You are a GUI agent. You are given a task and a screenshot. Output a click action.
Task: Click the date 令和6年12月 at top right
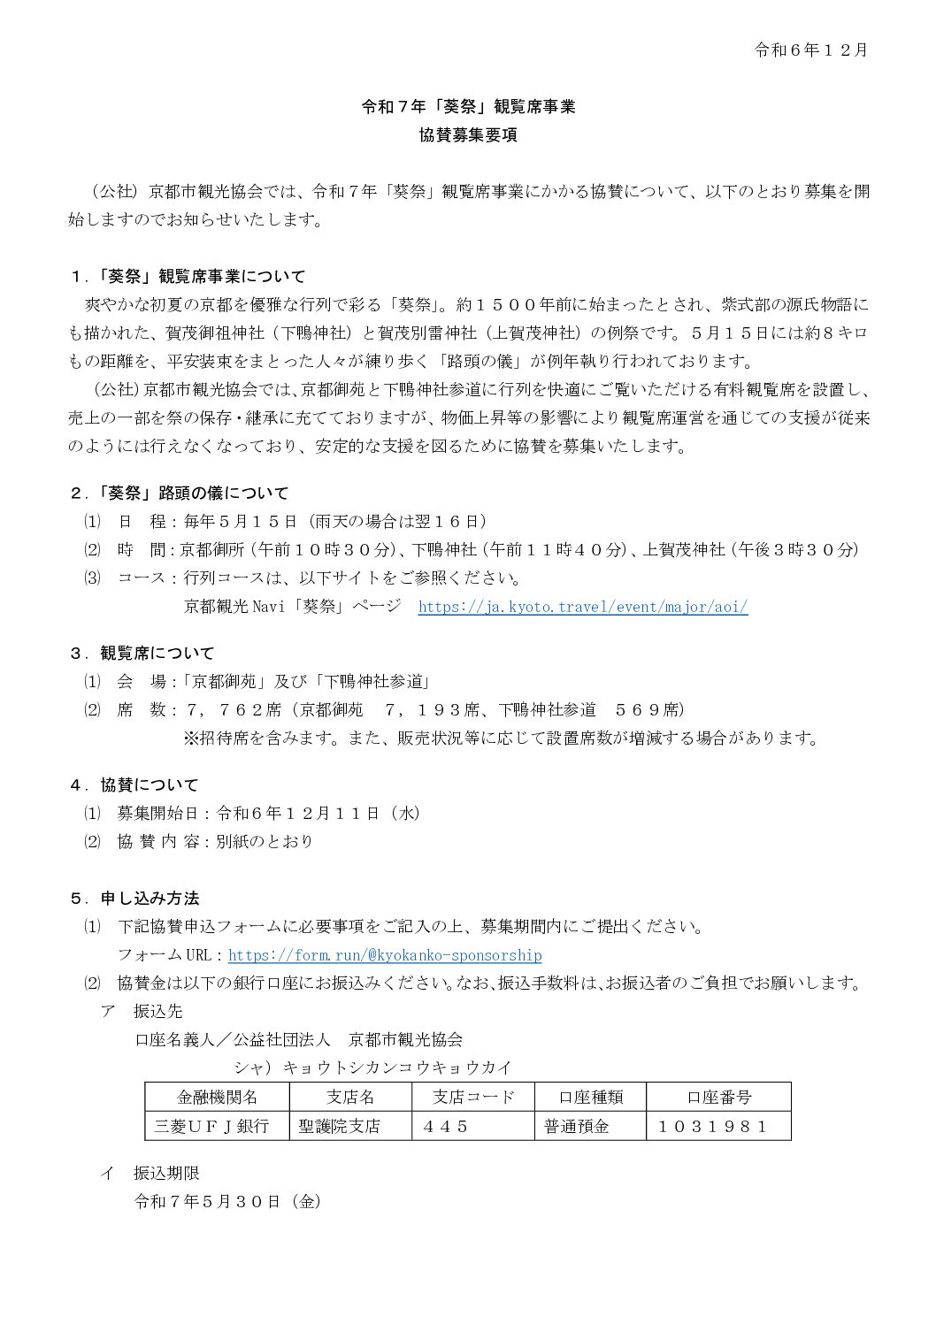[x=810, y=50]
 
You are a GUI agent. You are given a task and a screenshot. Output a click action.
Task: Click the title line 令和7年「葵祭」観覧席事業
[x=468, y=107]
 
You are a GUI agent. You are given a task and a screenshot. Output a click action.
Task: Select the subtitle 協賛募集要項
[x=468, y=135]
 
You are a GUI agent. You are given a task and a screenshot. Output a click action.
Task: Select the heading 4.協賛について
[x=134, y=784]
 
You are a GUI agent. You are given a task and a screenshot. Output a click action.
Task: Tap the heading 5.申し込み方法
[x=134, y=899]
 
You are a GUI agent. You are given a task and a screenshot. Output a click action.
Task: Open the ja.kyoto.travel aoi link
[x=582, y=607]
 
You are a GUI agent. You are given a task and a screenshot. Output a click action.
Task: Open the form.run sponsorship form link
[x=385, y=955]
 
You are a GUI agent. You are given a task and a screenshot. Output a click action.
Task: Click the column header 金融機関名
[x=217, y=1098]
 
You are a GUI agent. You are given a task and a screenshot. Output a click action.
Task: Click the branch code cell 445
[x=445, y=1126]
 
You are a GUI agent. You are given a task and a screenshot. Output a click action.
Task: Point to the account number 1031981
[x=712, y=1126]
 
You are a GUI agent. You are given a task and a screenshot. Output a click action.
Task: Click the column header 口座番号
[x=718, y=1098]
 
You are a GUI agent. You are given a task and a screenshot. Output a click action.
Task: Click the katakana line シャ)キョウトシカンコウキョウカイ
[x=372, y=1068]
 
